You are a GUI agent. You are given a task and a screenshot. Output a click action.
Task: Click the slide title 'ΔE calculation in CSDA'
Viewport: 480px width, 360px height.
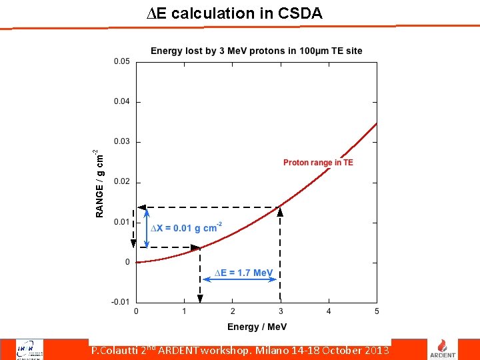pyautogui.click(x=234, y=13)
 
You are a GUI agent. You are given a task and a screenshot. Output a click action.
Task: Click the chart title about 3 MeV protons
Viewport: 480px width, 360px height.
pyautogui.click(x=256, y=51)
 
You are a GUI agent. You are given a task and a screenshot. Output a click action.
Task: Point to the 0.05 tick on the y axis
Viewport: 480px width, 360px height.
pyautogui.click(x=122, y=62)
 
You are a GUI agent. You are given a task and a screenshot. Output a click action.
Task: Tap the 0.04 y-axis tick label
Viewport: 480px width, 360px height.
pyautogui.click(x=122, y=102)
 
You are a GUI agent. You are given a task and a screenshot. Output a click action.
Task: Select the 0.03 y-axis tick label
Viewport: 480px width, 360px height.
pyautogui.click(x=122, y=142)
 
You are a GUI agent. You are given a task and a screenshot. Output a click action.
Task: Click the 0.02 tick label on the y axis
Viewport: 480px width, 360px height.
pyautogui.click(x=122, y=182)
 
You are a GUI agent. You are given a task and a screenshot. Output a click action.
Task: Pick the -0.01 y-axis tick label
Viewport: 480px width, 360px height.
pyautogui.click(x=121, y=302)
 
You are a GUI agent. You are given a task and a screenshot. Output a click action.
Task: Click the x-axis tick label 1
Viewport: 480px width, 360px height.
pyautogui.click(x=185, y=311)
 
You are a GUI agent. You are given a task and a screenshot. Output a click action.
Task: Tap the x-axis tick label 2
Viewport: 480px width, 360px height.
pyautogui.click(x=233, y=311)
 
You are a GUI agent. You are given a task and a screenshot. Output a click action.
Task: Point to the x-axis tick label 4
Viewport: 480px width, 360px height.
pyautogui.click(x=329, y=311)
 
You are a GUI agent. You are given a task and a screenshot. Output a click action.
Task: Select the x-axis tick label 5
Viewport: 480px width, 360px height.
pyautogui.click(x=377, y=311)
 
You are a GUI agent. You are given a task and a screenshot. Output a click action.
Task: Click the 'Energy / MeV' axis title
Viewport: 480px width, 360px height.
pyautogui.click(x=257, y=327)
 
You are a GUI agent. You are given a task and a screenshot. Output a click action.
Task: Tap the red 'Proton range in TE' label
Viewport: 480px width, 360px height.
pyautogui.click(x=318, y=163)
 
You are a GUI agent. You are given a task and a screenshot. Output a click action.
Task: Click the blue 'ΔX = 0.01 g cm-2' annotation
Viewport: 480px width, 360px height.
pyautogui.click(x=186, y=228)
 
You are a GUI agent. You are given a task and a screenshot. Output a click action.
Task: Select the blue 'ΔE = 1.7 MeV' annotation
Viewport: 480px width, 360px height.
pyautogui.click(x=243, y=273)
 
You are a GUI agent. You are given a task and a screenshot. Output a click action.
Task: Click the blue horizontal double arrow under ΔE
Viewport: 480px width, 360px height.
pyautogui.click(x=239, y=280)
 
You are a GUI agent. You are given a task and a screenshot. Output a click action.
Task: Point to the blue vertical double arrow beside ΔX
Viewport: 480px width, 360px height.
pyautogui.click(x=147, y=228)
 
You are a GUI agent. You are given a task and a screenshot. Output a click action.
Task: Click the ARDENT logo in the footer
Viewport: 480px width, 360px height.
pyautogui.click(x=446, y=348)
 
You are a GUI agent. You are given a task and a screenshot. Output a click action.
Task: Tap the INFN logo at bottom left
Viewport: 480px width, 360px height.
pyautogui.click(x=27, y=349)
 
